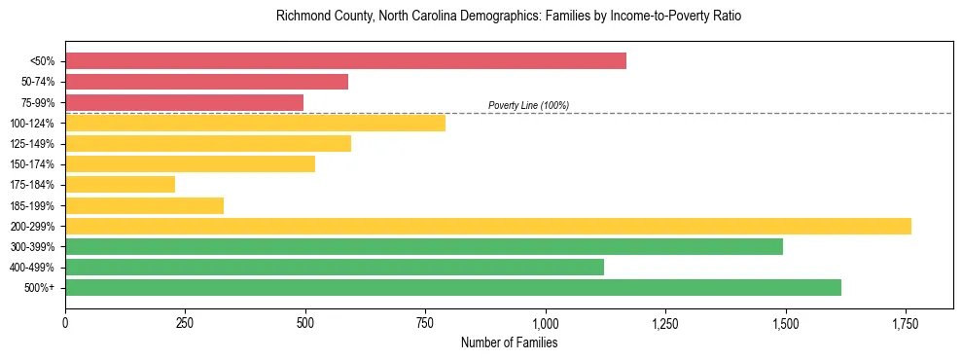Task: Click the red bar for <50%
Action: pyautogui.click(x=345, y=61)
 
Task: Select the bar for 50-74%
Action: pyautogui.click(x=206, y=82)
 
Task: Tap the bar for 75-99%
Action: pyautogui.click(x=184, y=102)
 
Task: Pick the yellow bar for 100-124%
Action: pyautogui.click(x=255, y=123)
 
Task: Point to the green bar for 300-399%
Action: pyautogui.click(x=423, y=246)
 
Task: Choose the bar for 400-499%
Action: pyautogui.click(x=334, y=267)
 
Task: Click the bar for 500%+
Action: pyautogui.click(x=452, y=287)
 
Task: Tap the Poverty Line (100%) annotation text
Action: pyautogui.click(x=528, y=105)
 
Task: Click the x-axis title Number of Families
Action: pyautogui.click(x=509, y=342)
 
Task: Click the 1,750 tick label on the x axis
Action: pyautogui.click(x=905, y=323)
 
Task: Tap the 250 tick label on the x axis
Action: pyautogui.click(x=185, y=323)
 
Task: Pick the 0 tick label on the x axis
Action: pyautogui.click(x=65, y=323)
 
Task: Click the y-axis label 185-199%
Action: pyautogui.click(x=34, y=205)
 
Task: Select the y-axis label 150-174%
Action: pyautogui.click(x=34, y=164)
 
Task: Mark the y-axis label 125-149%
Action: pyautogui.click(x=34, y=144)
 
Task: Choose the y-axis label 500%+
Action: pyautogui.click(x=40, y=288)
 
